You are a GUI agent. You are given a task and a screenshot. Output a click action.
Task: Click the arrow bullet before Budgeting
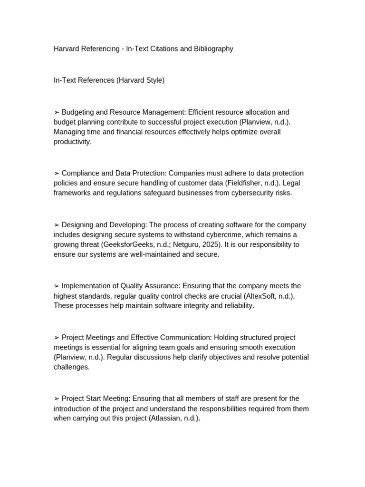pos(57,112)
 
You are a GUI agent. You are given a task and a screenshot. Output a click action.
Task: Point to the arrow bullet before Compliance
pos(57,173)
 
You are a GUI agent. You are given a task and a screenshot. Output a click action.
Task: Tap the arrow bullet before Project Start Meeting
pos(57,399)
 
